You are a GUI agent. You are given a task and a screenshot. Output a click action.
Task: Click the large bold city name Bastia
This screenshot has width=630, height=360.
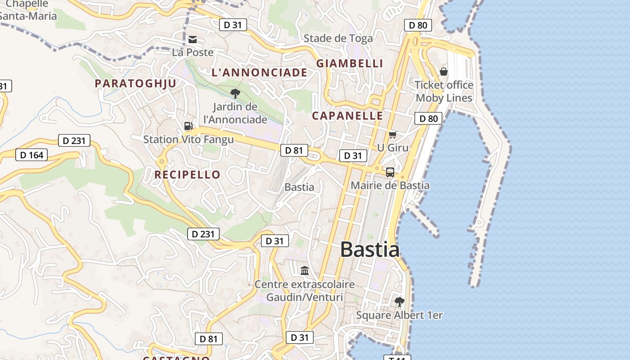coord(369,249)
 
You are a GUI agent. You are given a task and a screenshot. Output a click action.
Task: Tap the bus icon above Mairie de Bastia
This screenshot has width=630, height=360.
coord(390,172)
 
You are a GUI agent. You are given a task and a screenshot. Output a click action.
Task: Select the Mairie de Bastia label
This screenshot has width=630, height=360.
coord(390,185)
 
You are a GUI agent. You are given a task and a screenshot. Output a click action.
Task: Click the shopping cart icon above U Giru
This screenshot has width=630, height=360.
coord(393,135)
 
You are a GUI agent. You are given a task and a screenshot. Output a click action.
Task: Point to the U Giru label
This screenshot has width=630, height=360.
coord(393,148)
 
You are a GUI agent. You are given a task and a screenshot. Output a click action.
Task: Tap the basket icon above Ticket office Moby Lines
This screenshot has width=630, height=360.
coord(444,72)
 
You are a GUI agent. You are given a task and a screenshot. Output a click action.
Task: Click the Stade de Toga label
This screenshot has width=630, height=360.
coord(338,39)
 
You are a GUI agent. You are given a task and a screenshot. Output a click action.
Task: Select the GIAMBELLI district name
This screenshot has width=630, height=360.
coord(350,63)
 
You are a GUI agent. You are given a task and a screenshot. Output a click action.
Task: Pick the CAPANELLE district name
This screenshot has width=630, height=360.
coord(347,116)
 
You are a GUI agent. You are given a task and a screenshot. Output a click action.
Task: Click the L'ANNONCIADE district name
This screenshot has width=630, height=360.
coord(260,72)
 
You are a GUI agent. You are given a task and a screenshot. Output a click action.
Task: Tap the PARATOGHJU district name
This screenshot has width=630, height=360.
coord(135,83)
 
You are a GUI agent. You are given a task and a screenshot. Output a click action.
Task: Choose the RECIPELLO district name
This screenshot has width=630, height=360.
coord(188,175)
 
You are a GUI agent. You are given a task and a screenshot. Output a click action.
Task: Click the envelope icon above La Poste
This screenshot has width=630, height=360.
coord(193,40)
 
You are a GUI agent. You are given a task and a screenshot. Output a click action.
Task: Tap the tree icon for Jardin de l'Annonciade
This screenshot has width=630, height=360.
coord(235,94)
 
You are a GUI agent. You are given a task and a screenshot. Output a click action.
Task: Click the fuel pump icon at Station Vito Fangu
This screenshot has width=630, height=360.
coord(189,126)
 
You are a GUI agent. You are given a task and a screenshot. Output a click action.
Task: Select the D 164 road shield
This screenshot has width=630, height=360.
coord(32,155)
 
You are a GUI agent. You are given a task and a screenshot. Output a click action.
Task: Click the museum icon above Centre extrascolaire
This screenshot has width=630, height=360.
coord(305,270)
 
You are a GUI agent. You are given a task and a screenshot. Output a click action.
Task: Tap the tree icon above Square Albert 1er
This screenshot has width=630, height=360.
coord(399,301)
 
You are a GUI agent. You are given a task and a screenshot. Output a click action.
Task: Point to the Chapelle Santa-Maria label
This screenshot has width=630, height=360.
coord(28,10)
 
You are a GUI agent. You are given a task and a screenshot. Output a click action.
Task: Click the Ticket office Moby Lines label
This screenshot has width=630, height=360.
coord(444,91)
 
